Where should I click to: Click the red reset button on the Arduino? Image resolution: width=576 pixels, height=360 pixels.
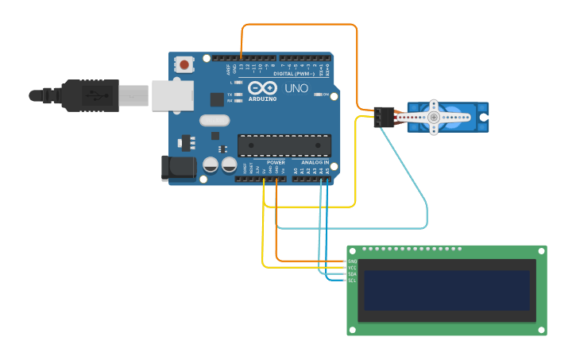pyautogui.click(x=185, y=64)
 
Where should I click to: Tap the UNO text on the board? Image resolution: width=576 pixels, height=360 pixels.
pyautogui.click(x=296, y=88)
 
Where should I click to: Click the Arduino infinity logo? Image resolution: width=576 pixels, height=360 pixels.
pyautogui.click(x=262, y=87)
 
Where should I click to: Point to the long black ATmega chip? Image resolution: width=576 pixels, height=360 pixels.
pyautogui.click(x=284, y=145)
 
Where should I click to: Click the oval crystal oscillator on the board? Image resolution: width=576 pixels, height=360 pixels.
pyautogui.click(x=214, y=121)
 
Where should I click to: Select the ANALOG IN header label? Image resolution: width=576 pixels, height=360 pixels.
pyautogui.click(x=315, y=163)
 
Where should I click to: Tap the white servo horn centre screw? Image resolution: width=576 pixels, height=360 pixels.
pyautogui.click(x=433, y=118)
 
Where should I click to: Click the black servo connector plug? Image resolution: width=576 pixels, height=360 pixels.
pyautogui.click(x=384, y=117)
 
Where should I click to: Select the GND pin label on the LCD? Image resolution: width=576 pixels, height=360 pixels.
pyautogui.click(x=352, y=261)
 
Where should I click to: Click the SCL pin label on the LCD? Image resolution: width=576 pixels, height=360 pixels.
pyautogui.click(x=352, y=281)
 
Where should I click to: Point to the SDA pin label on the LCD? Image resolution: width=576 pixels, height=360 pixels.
pyautogui.click(x=352, y=274)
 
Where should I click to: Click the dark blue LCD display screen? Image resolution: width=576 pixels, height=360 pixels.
pyautogui.click(x=446, y=290)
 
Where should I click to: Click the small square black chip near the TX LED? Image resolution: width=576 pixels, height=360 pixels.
pyautogui.click(x=217, y=99)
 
